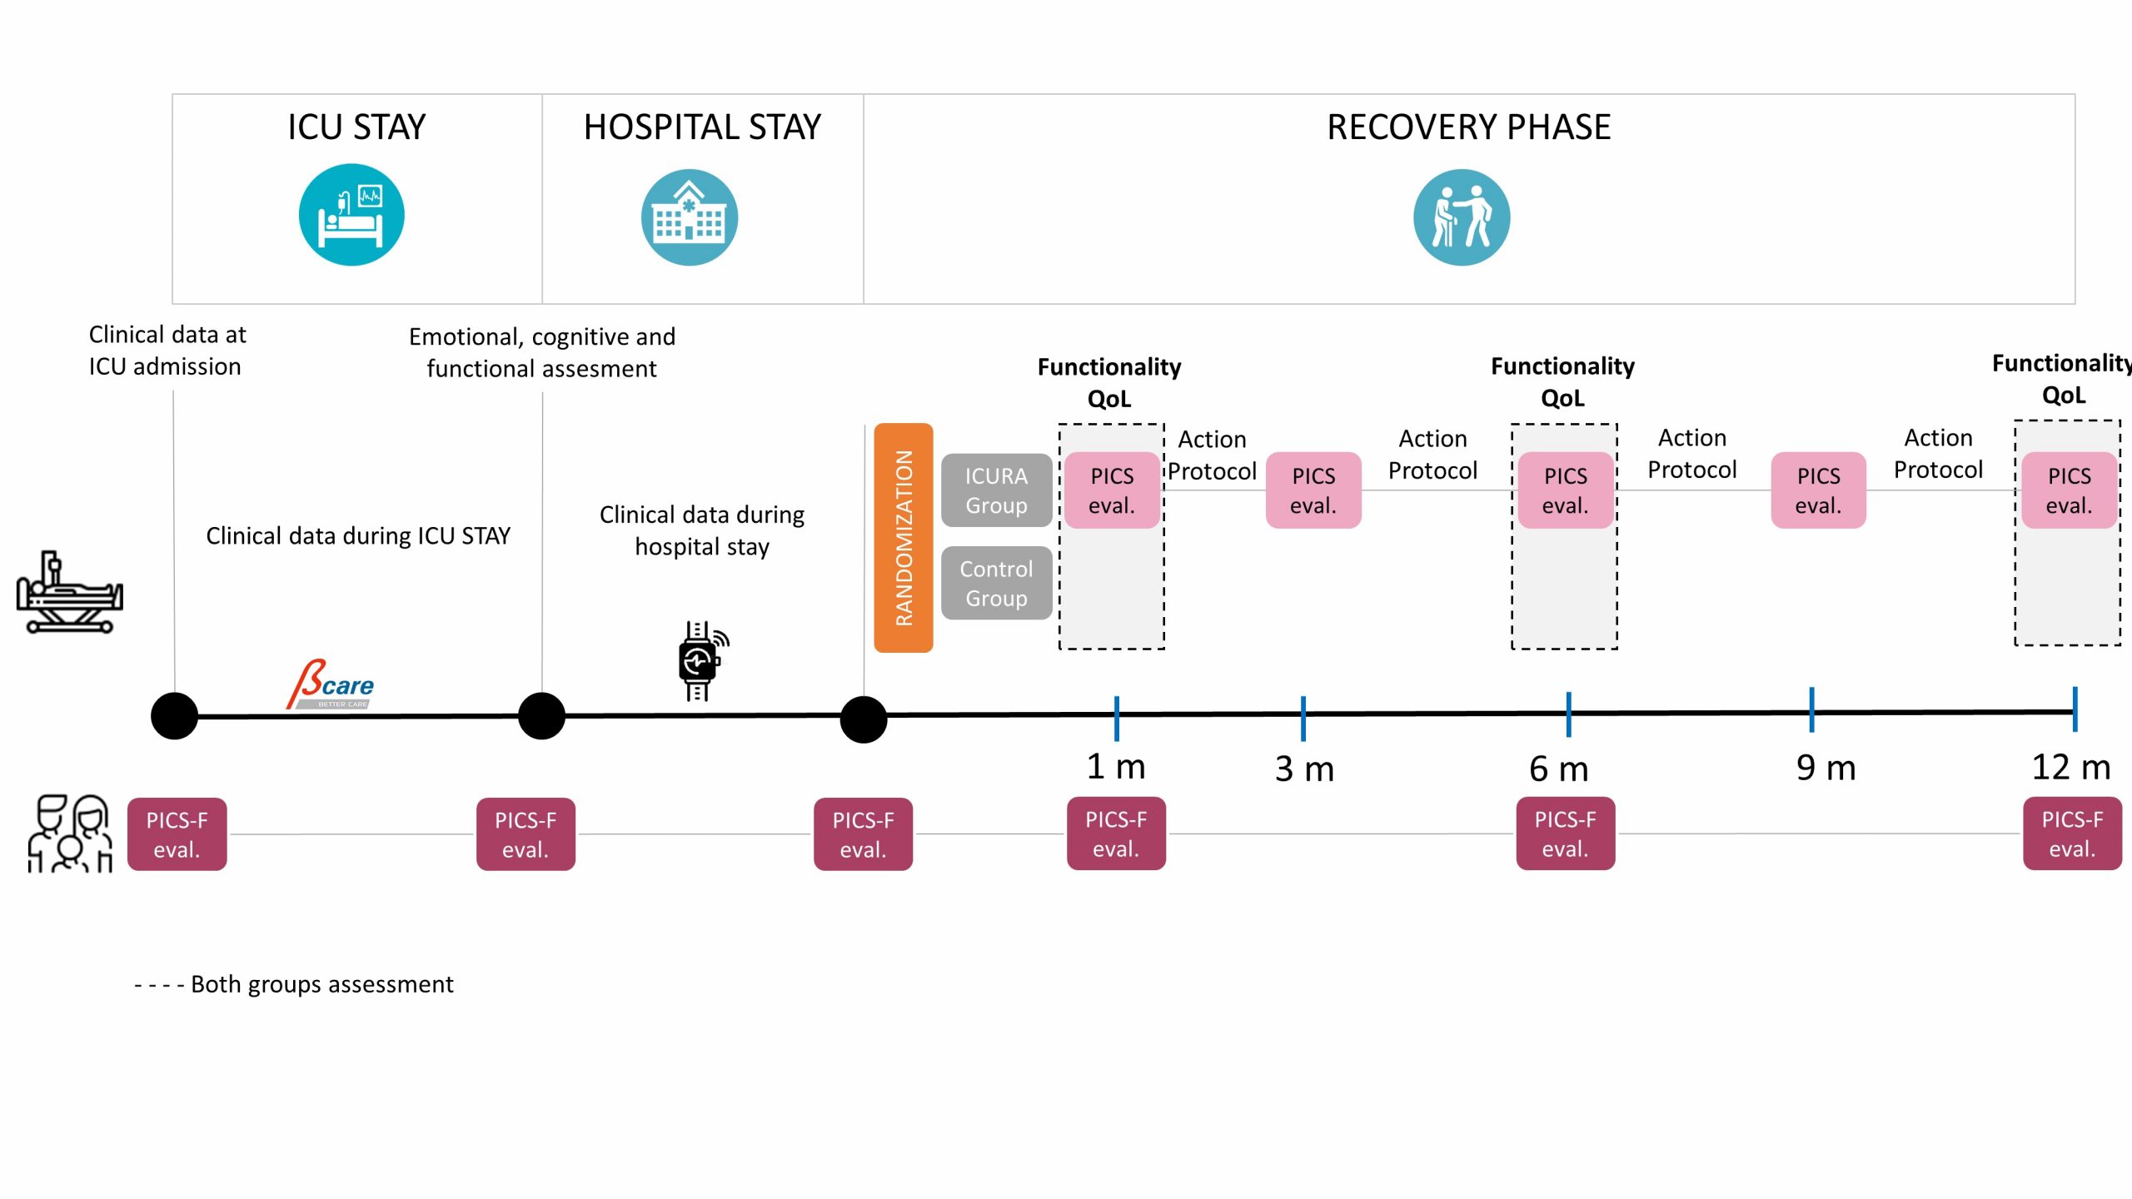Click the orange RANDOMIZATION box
tap(903, 537)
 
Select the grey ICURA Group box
tap(996, 490)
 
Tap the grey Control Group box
tap(996, 583)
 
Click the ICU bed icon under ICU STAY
tap(351, 215)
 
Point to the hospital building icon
tap(689, 217)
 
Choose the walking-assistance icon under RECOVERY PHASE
tap(1461, 217)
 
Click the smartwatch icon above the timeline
tap(700, 661)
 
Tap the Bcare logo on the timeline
tap(331, 685)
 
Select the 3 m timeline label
tap(1304, 769)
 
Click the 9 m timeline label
tap(1826, 768)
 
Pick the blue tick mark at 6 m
tap(1568, 714)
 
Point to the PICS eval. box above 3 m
tap(1313, 490)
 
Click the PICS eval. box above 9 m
tap(1818, 490)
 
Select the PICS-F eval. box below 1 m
tap(1116, 833)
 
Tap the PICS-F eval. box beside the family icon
tap(177, 834)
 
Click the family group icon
tap(70, 833)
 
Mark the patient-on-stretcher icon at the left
tap(69, 592)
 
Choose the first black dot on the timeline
tap(174, 716)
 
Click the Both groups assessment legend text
tap(321, 984)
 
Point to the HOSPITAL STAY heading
tap(702, 127)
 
